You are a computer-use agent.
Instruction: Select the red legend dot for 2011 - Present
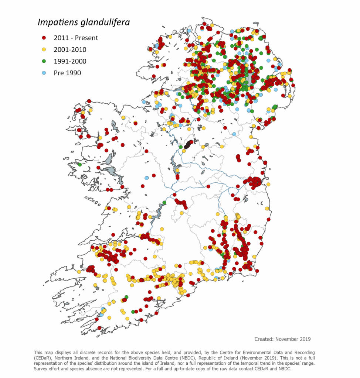44,38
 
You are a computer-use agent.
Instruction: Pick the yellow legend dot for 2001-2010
44,49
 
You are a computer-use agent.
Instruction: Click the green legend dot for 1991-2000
44,61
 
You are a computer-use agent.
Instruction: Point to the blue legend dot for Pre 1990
44,73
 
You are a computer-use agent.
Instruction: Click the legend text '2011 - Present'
76,38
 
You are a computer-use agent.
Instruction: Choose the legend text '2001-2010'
70,49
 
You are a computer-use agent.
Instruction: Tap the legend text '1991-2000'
70,61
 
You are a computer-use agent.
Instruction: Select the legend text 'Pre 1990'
67,73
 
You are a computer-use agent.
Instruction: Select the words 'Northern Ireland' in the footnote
70,358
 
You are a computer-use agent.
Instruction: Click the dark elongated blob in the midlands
188,144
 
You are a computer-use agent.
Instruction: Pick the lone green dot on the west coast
79,165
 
